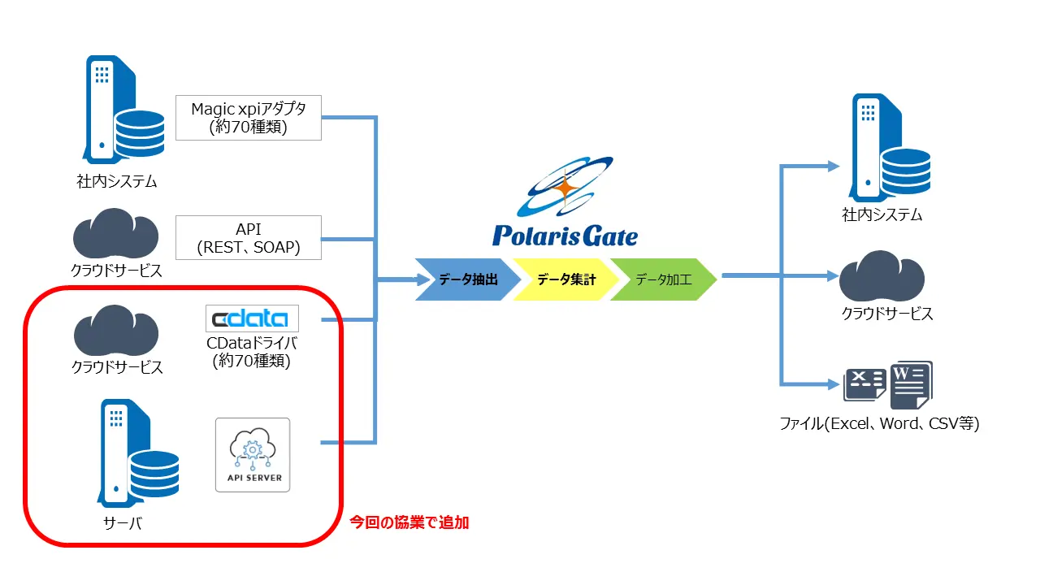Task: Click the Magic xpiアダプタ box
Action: pos(249,117)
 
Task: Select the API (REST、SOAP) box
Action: pos(249,238)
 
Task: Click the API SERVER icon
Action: pos(252,455)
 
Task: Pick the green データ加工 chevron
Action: pos(663,279)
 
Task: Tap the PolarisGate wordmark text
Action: pos(565,236)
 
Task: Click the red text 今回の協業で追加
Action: pos(409,523)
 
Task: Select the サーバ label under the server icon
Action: pos(124,523)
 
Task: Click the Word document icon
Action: pos(910,384)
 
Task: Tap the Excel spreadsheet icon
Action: pos(864,384)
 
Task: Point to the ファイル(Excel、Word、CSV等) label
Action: pos(879,423)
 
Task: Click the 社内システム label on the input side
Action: pos(116,182)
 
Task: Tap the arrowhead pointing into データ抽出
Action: pos(422,279)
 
